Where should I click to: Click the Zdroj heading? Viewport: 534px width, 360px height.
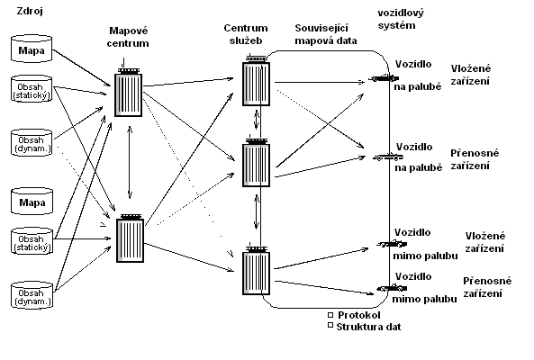[30, 11]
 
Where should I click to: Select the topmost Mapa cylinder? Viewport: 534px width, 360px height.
[32, 49]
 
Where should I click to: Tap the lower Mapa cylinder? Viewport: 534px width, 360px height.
[32, 201]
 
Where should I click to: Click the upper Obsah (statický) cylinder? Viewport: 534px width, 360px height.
[32, 89]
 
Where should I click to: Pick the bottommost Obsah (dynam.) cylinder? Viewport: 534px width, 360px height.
[32, 295]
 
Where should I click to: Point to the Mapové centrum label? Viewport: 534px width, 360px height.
[128, 37]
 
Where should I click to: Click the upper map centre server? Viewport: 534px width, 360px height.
[128, 93]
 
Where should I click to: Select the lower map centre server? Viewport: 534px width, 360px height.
[130, 238]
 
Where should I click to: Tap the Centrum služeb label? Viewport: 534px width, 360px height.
[246, 34]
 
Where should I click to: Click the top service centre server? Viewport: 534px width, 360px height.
[257, 82]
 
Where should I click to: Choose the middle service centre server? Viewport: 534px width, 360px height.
[257, 163]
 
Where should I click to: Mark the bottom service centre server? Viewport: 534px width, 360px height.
[257, 271]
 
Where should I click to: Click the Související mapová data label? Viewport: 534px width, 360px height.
[326, 34]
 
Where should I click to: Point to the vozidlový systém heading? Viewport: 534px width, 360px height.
[401, 19]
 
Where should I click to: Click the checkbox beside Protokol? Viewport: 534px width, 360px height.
[330, 315]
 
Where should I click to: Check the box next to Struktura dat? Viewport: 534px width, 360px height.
[330, 325]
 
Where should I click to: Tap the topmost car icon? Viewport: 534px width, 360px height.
[384, 78]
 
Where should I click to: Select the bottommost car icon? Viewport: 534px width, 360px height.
[392, 288]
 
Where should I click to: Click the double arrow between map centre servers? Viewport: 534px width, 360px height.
[130, 162]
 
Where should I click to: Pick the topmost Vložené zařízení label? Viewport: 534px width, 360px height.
[471, 75]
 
